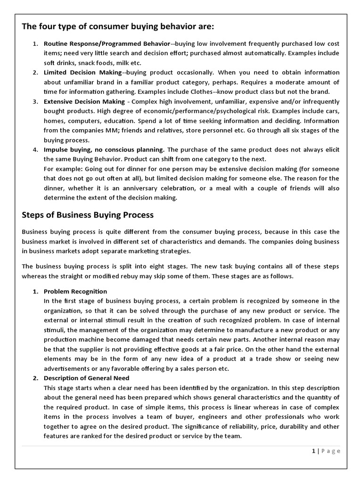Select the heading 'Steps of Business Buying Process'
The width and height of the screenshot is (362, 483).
click(x=88, y=215)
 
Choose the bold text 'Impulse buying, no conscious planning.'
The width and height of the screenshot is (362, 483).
click(x=104, y=150)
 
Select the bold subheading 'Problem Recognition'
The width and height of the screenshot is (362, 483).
click(x=75, y=291)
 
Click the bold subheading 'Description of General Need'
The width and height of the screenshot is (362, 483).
click(x=86, y=378)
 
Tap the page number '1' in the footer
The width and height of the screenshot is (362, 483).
click(x=313, y=451)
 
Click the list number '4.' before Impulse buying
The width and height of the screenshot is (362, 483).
click(x=35, y=150)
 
